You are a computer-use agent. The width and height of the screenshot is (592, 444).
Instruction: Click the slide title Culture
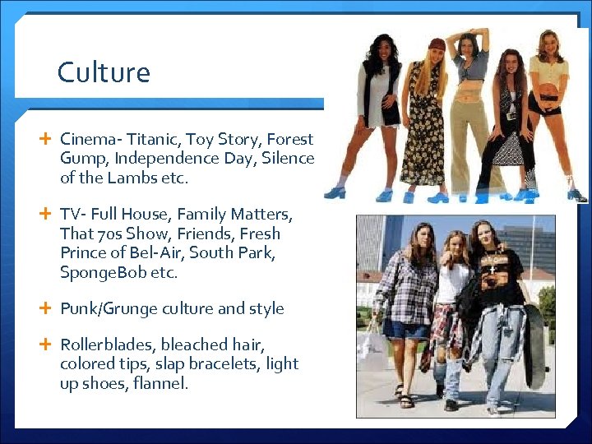point(104,72)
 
